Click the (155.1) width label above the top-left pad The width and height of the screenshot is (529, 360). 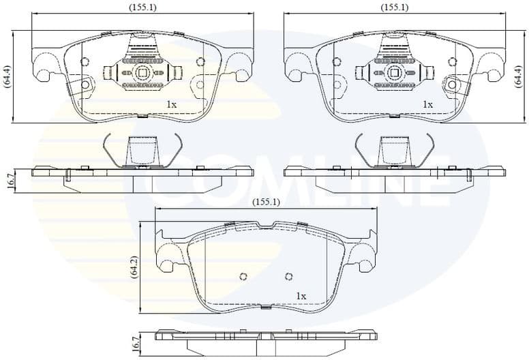coord(142,7)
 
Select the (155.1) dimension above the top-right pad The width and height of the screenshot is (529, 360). coord(394,7)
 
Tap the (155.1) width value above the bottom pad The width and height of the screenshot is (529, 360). coord(266,202)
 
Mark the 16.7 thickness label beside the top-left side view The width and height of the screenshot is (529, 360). coord(11,181)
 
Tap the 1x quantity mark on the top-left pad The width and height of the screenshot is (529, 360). coord(171,104)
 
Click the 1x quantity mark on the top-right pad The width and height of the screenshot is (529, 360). coord(427,104)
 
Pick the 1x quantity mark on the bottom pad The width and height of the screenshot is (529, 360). coord(301,296)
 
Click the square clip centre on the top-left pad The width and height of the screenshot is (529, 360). coord(142,72)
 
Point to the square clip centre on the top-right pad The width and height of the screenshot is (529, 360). coord(394,72)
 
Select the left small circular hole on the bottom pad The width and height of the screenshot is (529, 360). coord(243,277)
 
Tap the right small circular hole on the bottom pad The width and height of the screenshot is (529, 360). coord(288,276)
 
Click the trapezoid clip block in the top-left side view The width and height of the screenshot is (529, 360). coord(142,151)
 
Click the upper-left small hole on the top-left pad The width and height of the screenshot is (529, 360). coord(85,62)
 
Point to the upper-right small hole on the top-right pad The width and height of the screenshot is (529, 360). coord(452,62)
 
